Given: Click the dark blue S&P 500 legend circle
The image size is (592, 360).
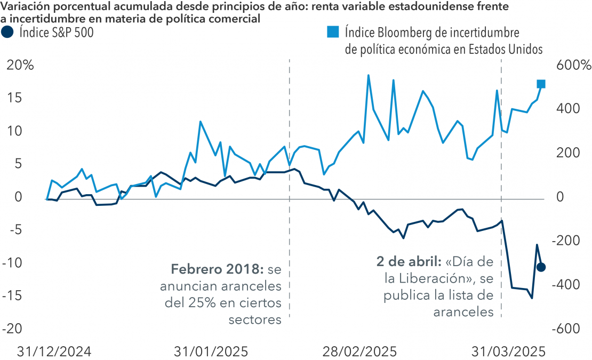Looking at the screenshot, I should point(9,33).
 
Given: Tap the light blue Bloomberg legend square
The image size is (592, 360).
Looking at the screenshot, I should point(332,33).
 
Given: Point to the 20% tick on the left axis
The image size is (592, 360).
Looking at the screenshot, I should point(20,66).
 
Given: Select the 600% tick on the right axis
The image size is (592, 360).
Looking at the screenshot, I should point(573,66).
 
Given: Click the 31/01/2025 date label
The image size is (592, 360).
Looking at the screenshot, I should point(211,351).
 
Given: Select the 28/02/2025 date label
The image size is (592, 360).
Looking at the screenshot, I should point(359,351).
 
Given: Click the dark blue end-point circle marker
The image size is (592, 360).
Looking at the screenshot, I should point(541,267).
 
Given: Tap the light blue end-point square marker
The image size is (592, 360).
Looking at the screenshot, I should point(541,84).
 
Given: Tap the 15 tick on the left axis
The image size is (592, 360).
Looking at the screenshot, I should point(19,98).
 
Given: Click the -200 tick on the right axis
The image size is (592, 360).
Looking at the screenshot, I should point(569,241).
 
